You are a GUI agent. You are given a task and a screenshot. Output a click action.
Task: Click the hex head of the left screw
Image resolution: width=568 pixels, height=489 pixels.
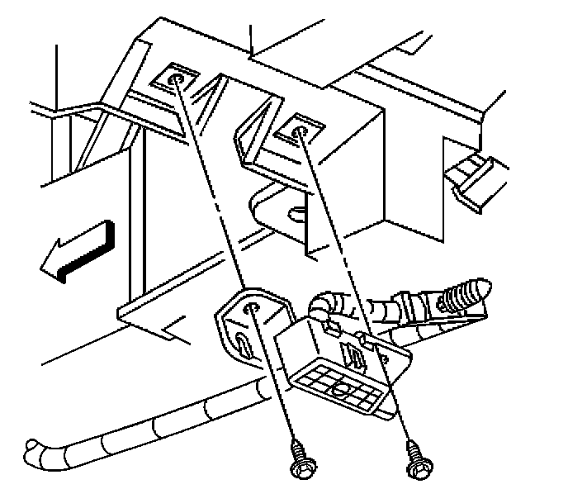pyautogui.click(x=299, y=470)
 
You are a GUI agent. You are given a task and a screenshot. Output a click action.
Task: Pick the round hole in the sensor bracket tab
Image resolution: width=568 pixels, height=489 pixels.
pyautogui.click(x=253, y=309)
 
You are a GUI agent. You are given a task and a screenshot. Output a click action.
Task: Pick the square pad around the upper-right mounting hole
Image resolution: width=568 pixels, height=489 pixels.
pyautogui.click(x=296, y=129)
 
